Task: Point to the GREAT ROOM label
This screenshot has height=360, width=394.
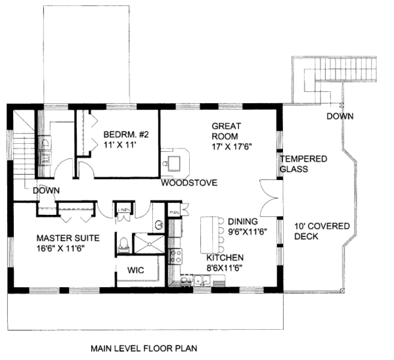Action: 227,133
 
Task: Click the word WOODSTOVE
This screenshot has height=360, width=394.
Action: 190,183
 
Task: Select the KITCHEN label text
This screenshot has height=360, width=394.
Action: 225,258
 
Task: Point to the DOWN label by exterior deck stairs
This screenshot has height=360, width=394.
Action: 339,116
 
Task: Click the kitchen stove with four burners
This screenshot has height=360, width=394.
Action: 175,256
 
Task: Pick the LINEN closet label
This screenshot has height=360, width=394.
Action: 123,210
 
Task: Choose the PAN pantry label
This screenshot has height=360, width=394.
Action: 174,212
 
